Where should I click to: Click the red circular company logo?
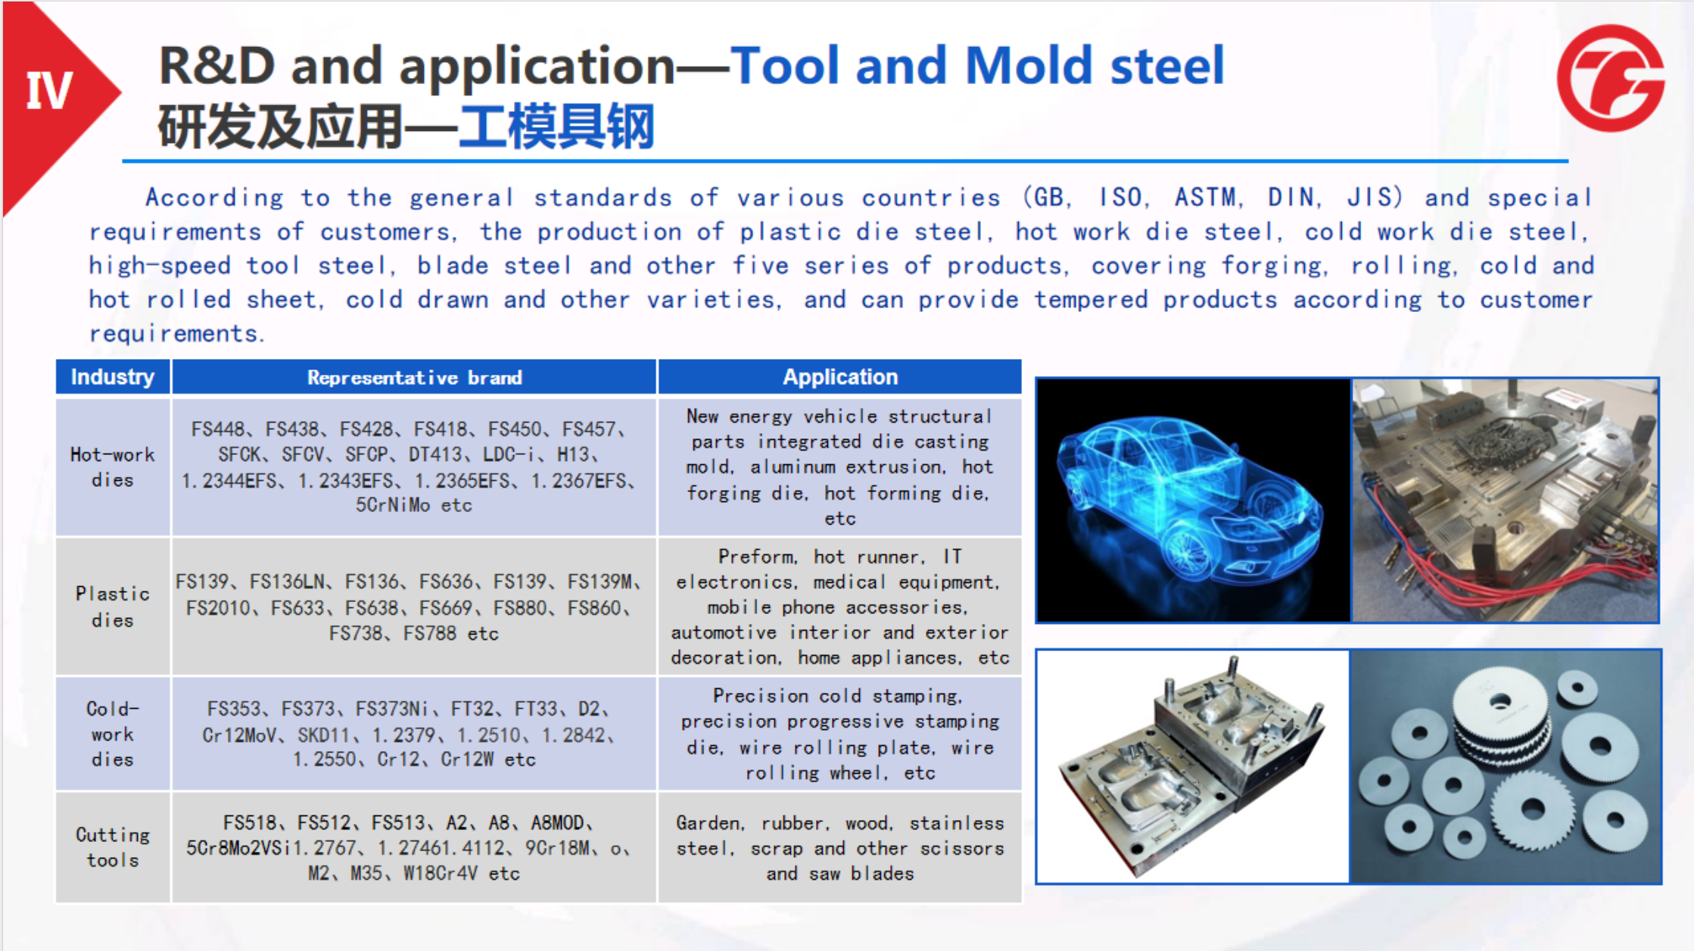1610,78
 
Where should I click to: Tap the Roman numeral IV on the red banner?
50,91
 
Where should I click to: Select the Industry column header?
113,377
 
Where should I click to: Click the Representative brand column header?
414,377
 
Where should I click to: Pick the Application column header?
840,377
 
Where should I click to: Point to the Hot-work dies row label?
113,467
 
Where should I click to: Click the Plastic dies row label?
113,606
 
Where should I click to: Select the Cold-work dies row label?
113,734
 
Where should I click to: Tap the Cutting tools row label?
113,847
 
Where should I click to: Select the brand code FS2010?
218,608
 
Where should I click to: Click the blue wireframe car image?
1193,500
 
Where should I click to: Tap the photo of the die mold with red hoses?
1505,500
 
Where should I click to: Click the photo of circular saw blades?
1506,766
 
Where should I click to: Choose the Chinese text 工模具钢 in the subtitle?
556,127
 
